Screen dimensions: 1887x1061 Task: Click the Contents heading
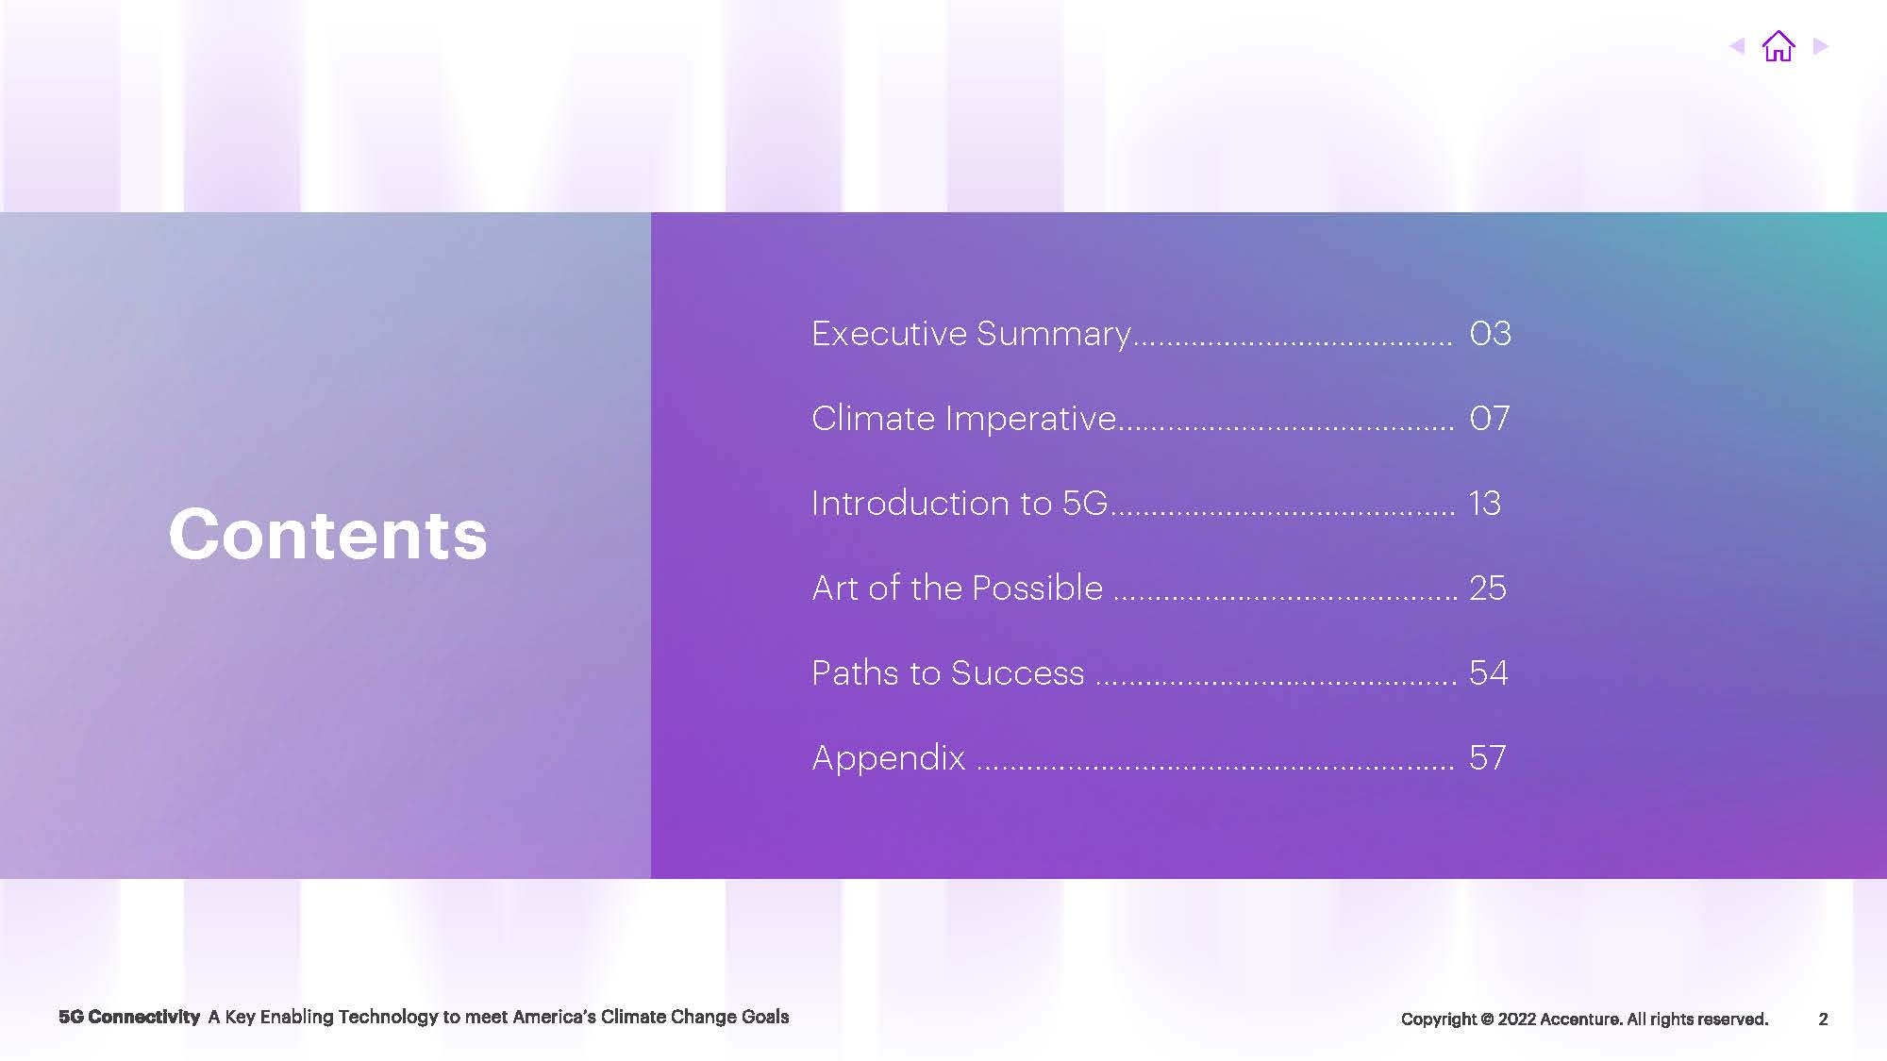click(x=327, y=534)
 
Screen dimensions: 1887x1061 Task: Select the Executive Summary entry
click(x=971, y=334)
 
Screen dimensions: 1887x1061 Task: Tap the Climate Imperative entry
click(x=964, y=418)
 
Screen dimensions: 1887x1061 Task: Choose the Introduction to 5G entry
click(x=960, y=503)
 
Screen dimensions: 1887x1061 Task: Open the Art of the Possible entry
click(x=958, y=588)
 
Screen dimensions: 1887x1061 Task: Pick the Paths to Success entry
click(x=948, y=672)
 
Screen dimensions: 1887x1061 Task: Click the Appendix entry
click(x=889, y=758)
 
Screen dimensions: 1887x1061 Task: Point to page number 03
click(x=1490, y=333)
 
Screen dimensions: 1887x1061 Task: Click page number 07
click(x=1489, y=418)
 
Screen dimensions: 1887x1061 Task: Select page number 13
click(x=1485, y=503)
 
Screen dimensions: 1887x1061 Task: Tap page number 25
click(x=1488, y=588)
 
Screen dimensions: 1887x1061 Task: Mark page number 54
click(x=1489, y=672)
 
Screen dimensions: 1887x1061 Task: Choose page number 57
click(x=1488, y=757)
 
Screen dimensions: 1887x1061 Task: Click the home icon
click(x=1778, y=46)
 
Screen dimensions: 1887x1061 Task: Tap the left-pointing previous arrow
click(x=1737, y=46)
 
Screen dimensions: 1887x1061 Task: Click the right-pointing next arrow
click(x=1821, y=46)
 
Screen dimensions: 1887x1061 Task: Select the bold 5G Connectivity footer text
click(x=129, y=1017)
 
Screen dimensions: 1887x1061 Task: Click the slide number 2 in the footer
click(x=1823, y=1019)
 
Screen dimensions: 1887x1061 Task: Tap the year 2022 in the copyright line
click(x=1516, y=1019)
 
